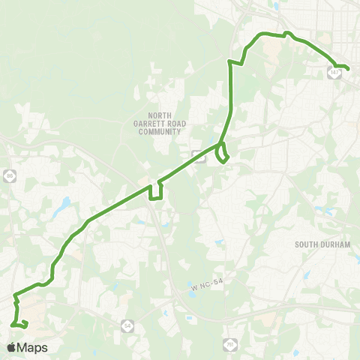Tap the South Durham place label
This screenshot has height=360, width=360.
(x=318, y=244)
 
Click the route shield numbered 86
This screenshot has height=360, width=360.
(x=10, y=175)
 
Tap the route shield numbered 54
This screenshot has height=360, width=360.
(x=127, y=324)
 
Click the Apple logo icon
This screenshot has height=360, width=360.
(x=12, y=347)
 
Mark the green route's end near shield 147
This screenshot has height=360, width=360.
(x=348, y=70)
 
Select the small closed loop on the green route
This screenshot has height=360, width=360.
(x=222, y=154)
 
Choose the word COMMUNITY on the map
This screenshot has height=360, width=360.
(x=160, y=131)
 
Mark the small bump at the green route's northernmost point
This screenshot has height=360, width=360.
(x=288, y=33)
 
